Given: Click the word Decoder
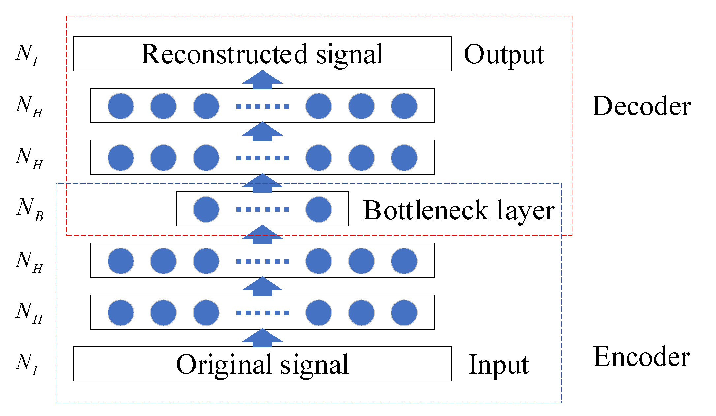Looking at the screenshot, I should (641, 106).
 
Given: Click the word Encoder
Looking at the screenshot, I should (641, 357).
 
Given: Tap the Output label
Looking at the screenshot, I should (504, 54).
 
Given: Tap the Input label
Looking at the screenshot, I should (499, 365).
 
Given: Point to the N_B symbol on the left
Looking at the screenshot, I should (29, 209).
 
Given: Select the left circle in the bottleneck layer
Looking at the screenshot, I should (206, 209).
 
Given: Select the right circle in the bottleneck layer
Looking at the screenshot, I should (319, 209).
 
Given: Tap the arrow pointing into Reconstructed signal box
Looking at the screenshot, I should (262, 80).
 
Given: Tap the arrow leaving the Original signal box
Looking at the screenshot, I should (262, 338).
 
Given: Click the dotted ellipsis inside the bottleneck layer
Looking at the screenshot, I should (263, 209).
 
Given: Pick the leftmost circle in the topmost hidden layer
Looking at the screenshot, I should (121, 106).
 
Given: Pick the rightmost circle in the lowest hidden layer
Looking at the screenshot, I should (404, 313).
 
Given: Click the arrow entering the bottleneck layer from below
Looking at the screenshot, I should (262, 235).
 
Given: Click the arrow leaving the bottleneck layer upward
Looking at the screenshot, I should (262, 183).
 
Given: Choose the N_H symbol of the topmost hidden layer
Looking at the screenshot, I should (29, 106).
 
